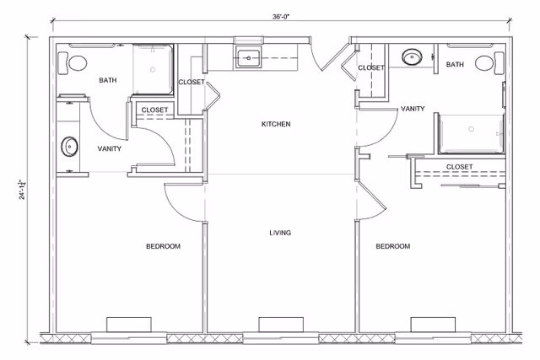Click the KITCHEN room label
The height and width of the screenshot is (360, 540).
(275, 124)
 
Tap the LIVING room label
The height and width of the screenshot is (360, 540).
(280, 233)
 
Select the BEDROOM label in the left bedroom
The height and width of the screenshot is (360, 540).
(163, 246)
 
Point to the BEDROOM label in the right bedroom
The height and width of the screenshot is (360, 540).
(392, 246)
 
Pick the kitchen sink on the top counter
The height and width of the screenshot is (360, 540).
(248, 58)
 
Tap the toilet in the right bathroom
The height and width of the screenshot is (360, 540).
(484, 63)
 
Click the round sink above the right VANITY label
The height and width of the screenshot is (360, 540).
(412, 56)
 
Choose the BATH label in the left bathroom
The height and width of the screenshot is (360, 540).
(108, 81)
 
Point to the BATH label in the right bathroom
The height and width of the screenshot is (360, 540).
(455, 65)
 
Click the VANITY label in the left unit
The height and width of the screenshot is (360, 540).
(109, 148)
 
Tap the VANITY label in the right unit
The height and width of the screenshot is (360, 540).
(413, 109)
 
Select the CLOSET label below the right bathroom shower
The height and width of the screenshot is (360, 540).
(459, 166)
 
